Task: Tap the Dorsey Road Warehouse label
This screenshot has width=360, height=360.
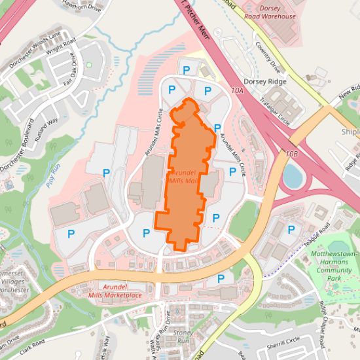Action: click(270, 12)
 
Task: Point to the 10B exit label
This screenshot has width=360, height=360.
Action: click(292, 153)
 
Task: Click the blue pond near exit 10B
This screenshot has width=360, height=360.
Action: click(293, 175)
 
